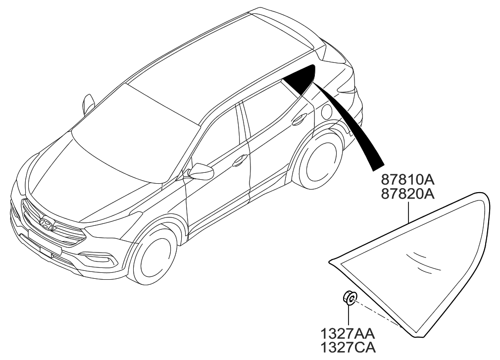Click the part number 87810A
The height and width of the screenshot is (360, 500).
[x=407, y=179]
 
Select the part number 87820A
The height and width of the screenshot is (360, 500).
[x=407, y=193]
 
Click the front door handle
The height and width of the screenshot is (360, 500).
[x=241, y=159]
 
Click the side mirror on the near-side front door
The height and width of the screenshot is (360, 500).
[x=201, y=171]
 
